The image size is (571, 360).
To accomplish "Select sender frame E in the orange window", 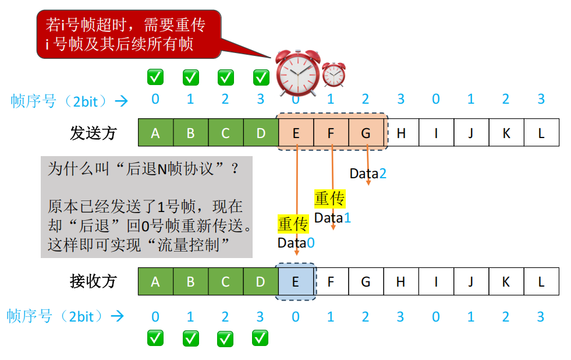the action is pos(296,133).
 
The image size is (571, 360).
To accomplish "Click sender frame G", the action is pos(366,133).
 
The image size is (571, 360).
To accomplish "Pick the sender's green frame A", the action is pos(155,133).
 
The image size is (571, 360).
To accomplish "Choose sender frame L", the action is pos(541,133).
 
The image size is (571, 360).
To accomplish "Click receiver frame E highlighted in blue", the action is pos(296,282).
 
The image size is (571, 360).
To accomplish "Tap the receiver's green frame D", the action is pos(261,282).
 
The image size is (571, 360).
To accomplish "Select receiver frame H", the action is pos(400,282).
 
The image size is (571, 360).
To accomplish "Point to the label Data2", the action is pos(368,174).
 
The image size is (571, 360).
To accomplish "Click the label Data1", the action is pos(332,218).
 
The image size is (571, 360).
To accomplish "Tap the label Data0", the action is pos(296,243).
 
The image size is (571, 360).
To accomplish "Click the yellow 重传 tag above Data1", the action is pos(330,199).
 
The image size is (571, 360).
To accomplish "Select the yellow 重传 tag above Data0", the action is pos(293,224).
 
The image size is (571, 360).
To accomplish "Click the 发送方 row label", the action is pos(93,133).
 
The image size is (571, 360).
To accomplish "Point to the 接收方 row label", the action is pos(93,281).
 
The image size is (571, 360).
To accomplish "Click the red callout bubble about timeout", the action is pos(129,34).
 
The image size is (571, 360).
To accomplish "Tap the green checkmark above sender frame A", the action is pos(155,76).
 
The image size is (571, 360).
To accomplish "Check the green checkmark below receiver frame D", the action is pos(260,338).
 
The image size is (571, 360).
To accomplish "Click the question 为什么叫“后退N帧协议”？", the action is pos(143,170).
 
